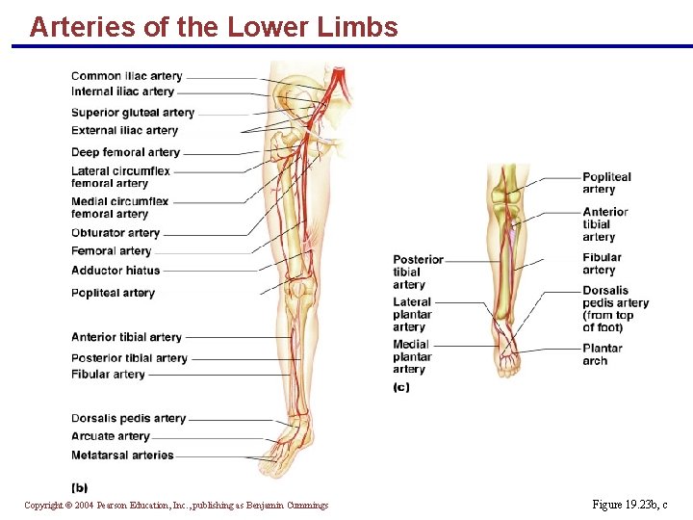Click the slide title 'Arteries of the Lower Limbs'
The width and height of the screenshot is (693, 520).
[x=214, y=27]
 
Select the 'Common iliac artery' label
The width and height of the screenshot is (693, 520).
[x=126, y=76]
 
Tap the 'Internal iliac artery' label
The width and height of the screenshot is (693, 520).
[x=122, y=91]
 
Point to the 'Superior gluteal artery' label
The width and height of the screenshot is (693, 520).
[x=133, y=113]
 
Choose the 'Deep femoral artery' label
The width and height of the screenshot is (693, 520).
[x=125, y=152]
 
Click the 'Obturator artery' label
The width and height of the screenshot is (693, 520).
[x=115, y=233]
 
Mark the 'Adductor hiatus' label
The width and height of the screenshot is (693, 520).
[x=115, y=271]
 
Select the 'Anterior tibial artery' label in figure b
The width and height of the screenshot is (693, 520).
[x=126, y=337]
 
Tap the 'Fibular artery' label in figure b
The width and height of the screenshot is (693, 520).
[x=108, y=374]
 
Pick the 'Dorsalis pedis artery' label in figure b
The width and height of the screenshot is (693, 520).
[x=128, y=419]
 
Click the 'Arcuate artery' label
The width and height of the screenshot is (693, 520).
[x=111, y=436]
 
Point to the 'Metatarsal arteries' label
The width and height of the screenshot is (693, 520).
[x=122, y=455]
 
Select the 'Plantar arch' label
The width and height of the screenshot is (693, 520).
[x=603, y=354]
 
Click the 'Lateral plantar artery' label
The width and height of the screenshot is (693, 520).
[x=412, y=314]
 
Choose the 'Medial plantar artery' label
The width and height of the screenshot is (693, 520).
[x=412, y=356]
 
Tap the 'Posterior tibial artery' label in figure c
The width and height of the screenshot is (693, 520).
[x=418, y=272]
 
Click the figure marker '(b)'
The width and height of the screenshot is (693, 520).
[x=80, y=487]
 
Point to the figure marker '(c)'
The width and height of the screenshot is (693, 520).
[x=401, y=387]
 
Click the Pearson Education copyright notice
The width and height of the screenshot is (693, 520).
[x=176, y=506]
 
